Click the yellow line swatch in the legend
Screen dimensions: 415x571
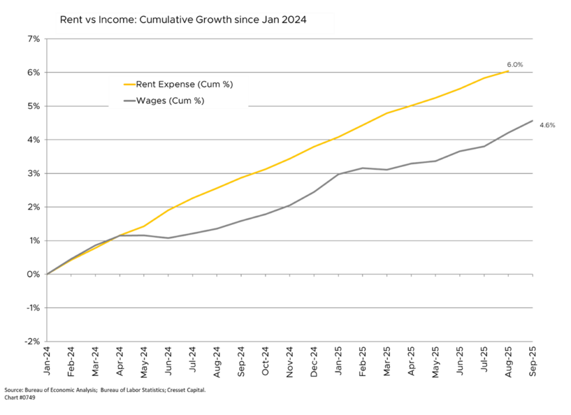[x=129, y=85]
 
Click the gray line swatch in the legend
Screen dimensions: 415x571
[x=129, y=101]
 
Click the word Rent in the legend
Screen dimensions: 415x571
[x=146, y=85]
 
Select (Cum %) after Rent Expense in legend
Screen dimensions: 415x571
[x=213, y=85]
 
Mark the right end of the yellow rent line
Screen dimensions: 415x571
[x=509, y=71]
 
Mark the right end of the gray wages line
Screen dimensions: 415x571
[x=533, y=120]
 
